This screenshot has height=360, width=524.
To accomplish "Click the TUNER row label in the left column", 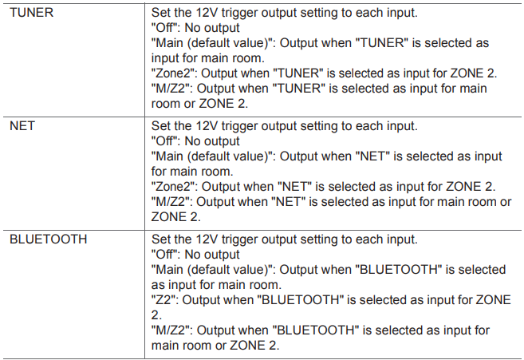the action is click(x=31, y=13).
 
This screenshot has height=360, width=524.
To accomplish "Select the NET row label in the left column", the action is click(x=22, y=126).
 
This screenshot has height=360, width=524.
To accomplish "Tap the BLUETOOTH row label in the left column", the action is click(x=49, y=239).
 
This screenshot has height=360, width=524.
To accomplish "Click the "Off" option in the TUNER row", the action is click(x=164, y=28).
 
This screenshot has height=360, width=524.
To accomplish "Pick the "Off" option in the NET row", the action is click(x=164, y=141).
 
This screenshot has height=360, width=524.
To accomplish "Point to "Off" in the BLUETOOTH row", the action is click(x=164, y=255).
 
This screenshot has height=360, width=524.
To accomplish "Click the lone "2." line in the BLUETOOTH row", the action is click(x=156, y=315).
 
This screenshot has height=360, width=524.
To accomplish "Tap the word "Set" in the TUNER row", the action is click(x=161, y=13).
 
